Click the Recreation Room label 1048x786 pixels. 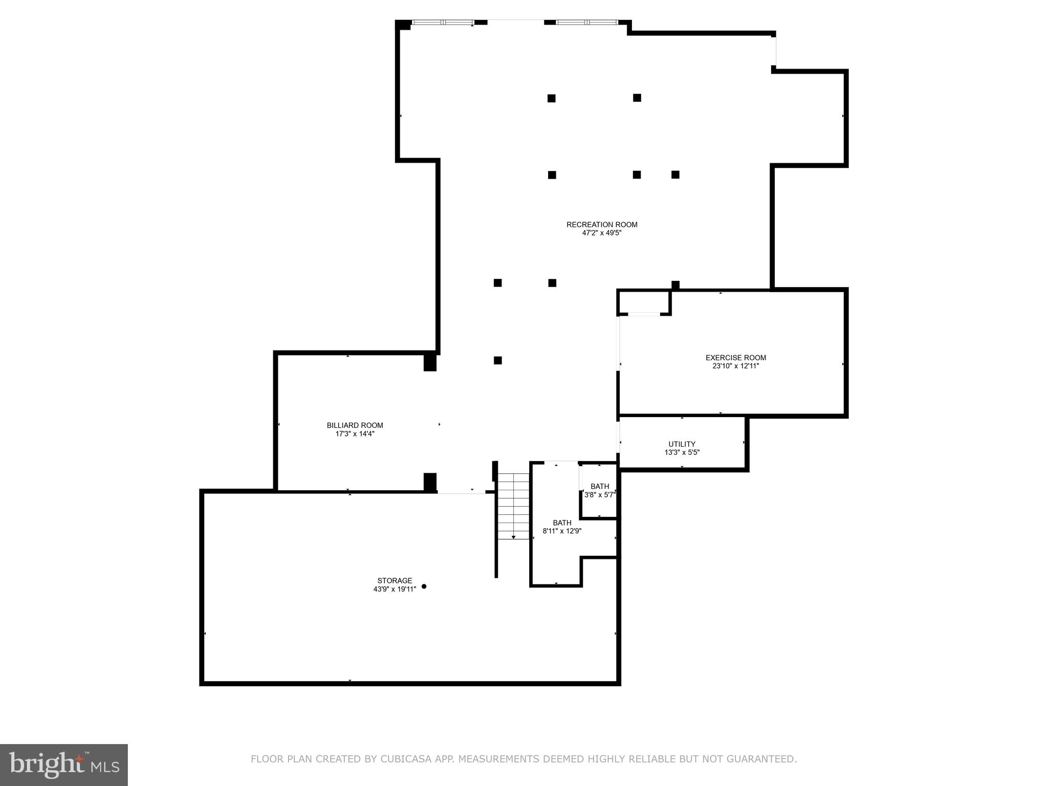click(x=602, y=225)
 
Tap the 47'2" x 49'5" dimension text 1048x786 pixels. click(x=602, y=233)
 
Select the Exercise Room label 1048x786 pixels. click(x=735, y=358)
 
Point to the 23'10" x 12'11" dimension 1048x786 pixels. click(x=735, y=366)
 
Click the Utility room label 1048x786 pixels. click(x=682, y=444)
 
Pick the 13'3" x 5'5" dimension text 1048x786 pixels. click(x=682, y=452)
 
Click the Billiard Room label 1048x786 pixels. click(x=355, y=425)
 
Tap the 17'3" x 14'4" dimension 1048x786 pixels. click(x=355, y=433)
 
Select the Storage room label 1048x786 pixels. click(x=395, y=580)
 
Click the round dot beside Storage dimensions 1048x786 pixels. click(x=424, y=586)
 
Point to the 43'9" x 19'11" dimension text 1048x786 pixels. click(x=395, y=589)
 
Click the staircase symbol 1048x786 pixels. click(x=513, y=507)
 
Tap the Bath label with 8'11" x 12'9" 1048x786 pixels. click(x=562, y=523)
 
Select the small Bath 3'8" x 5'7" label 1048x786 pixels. click(x=600, y=487)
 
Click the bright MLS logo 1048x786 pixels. click(x=63, y=765)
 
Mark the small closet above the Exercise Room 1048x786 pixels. click(x=644, y=302)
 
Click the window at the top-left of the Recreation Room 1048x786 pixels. click(x=443, y=23)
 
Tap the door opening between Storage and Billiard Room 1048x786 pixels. click(x=461, y=492)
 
